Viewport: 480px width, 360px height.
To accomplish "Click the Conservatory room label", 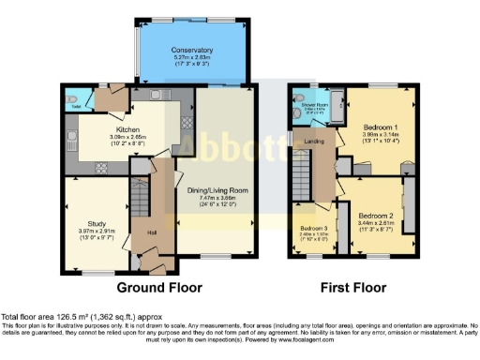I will click(192, 50).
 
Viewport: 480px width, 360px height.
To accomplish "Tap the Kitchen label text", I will click(127, 129).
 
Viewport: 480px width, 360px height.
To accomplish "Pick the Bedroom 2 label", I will click(374, 215).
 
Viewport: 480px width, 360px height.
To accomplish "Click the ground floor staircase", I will click(138, 199).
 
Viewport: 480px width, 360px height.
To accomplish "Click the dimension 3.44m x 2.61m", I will click(374, 222).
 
